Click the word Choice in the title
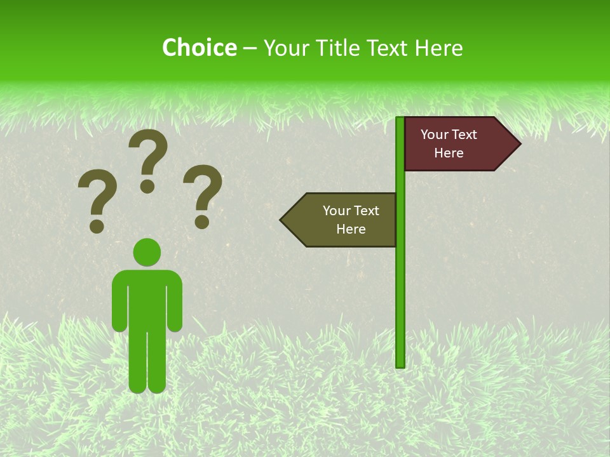(x=199, y=48)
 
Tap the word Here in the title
(x=438, y=48)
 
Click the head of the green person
(x=147, y=253)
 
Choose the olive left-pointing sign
(x=343, y=220)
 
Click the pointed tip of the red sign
(x=518, y=144)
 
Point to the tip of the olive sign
(x=283, y=220)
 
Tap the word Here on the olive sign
(x=351, y=229)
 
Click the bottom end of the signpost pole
(x=400, y=364)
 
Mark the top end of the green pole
(x=400, y=119)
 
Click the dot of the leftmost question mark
(x=97, y=225)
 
